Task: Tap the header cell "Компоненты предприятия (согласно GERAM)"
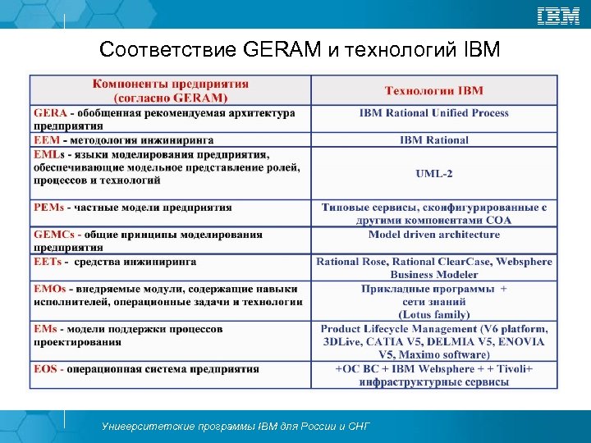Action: [x=171, y=90]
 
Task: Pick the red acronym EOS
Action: [x=46, y=369]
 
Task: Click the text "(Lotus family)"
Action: [x=433, y=314]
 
